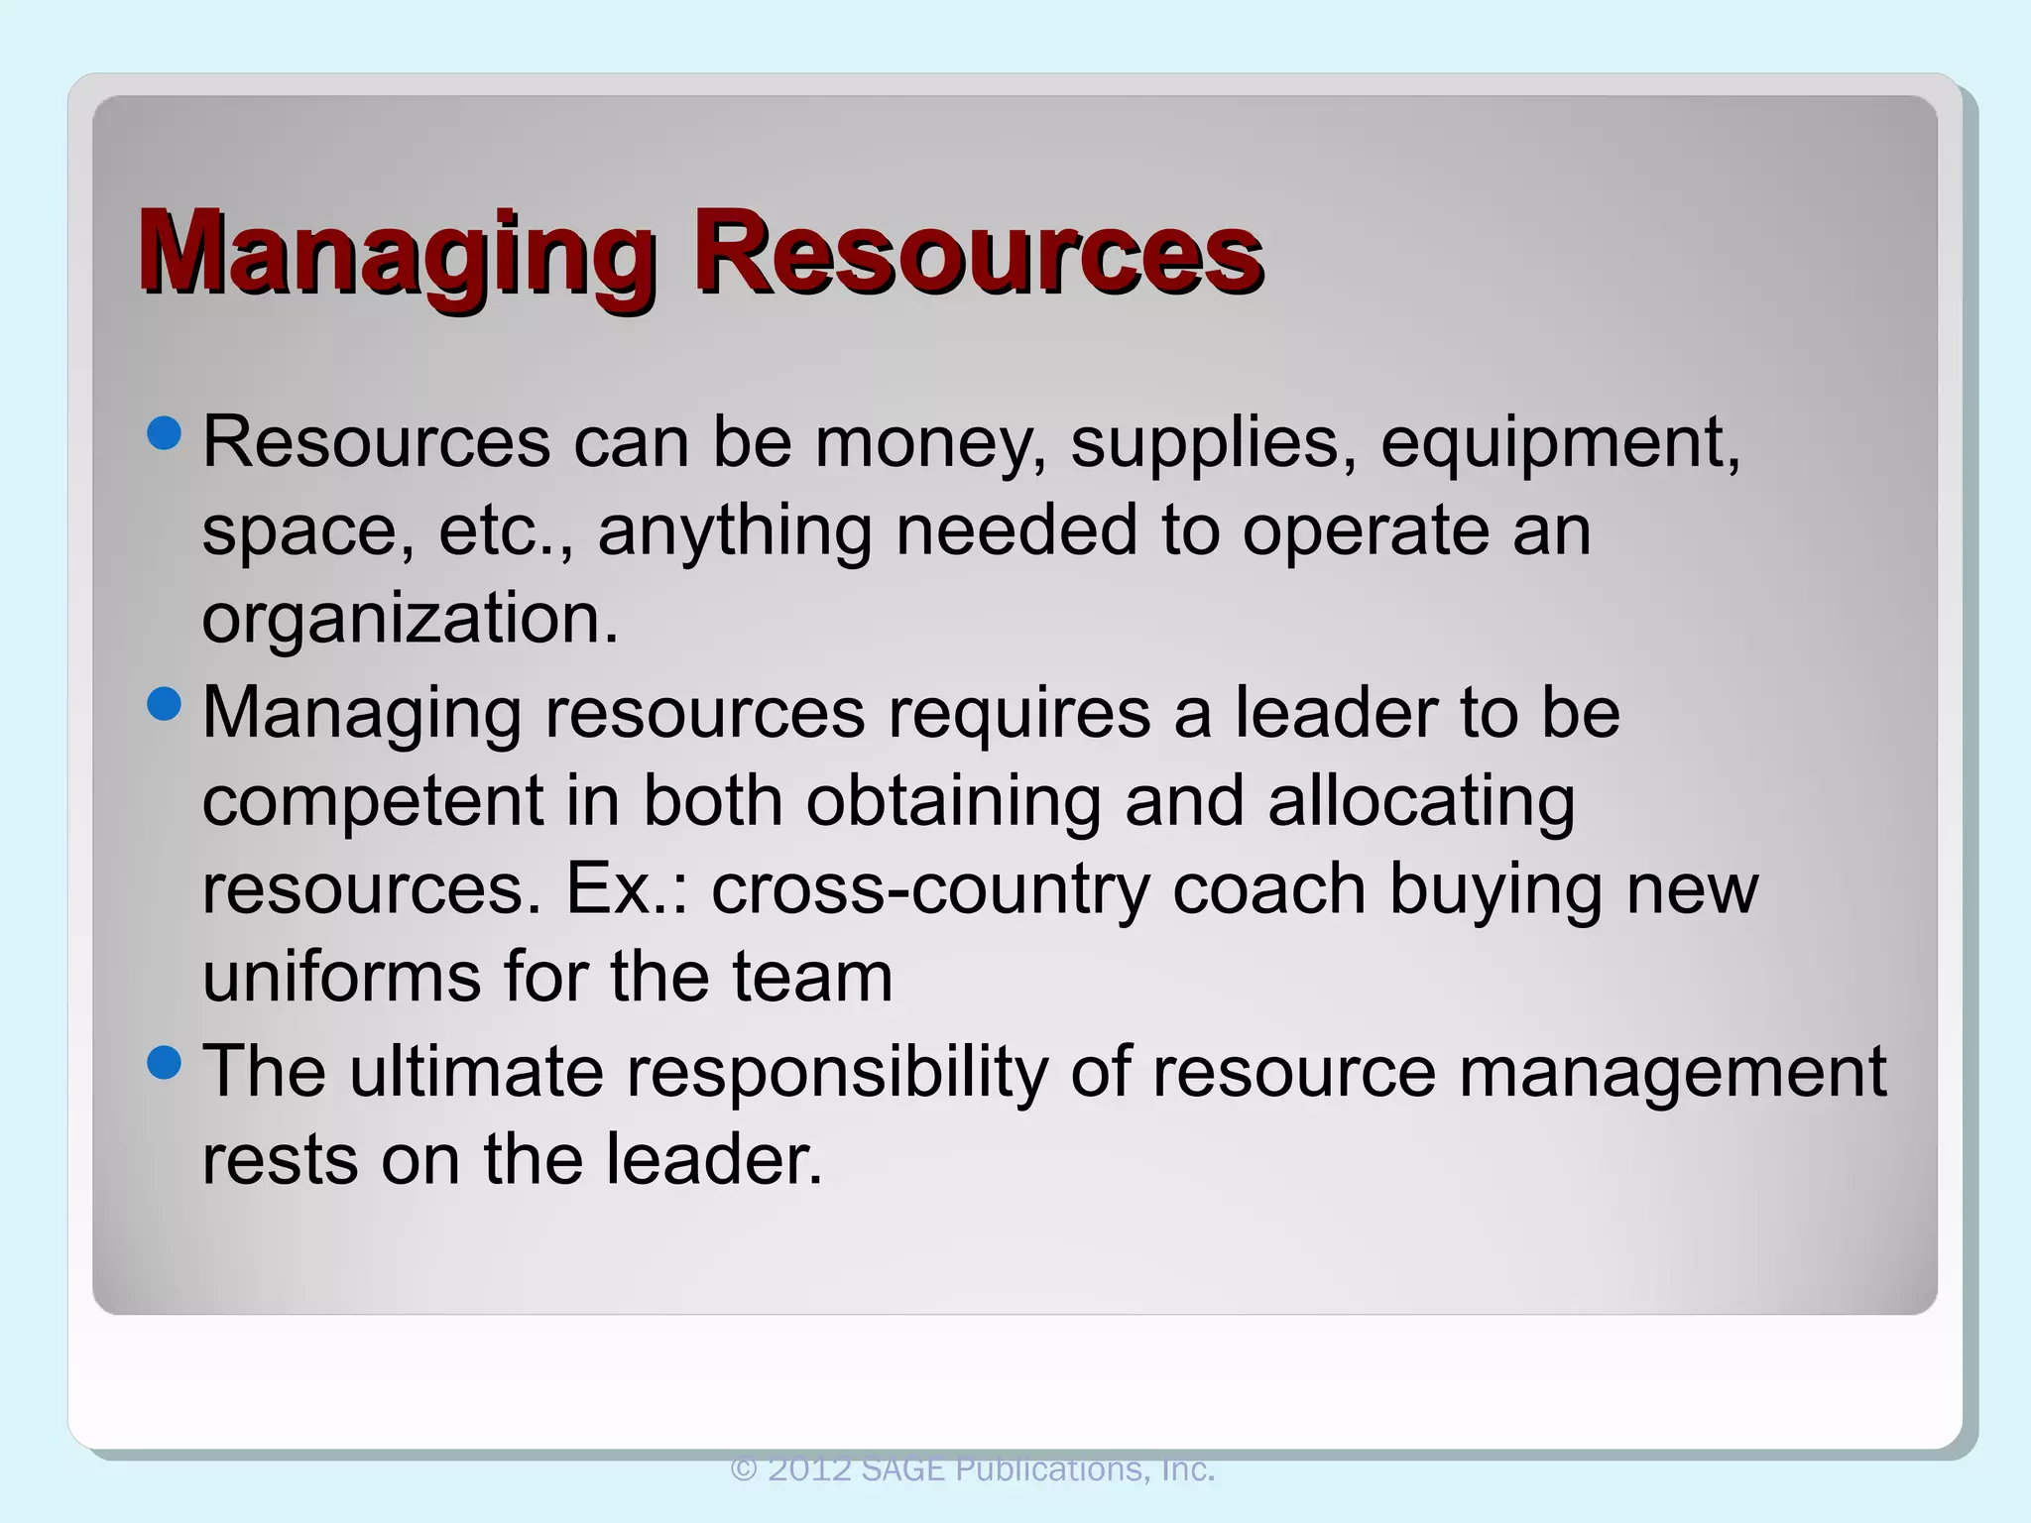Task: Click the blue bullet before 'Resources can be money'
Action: click(x=164, y=432)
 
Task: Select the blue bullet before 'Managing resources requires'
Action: click(x=164, y=704)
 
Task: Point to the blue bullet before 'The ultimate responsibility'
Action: click(x=164, y=1063)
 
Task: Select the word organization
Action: click(x=410, y=619)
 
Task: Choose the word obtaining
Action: click(x=953, y=801)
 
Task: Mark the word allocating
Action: click(x=1421, y=801)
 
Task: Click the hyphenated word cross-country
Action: click(x=929, y=888)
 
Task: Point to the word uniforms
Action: click(x=340, y=977)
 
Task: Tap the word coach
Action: click(x=1268, y=888)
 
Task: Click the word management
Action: click(x=1672, y=1072)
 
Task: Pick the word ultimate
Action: click(x=476, y=1072)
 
